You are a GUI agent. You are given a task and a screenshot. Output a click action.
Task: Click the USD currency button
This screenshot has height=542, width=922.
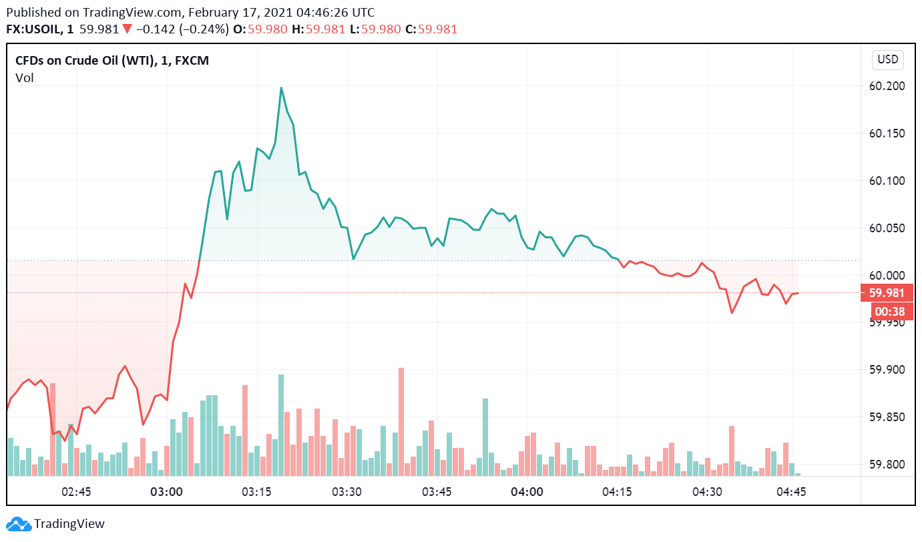coord(887,59)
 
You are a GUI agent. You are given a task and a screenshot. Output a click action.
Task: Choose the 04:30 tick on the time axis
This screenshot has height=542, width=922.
coord(707,493)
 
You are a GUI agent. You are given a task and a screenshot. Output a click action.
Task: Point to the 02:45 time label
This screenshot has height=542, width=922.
coord(77,493)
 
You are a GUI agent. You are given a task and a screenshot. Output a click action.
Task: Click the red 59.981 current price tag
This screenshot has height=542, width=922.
coord(887,293)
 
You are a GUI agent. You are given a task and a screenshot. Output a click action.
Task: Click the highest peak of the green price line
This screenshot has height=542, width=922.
coord(281,87)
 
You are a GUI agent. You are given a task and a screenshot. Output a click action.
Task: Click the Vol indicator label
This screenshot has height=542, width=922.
coord(25,78)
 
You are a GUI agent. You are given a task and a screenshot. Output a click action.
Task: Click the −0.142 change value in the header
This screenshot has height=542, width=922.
coord(154,29)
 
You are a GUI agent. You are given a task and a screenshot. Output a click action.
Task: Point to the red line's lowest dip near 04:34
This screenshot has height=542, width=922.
coord(732,312)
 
